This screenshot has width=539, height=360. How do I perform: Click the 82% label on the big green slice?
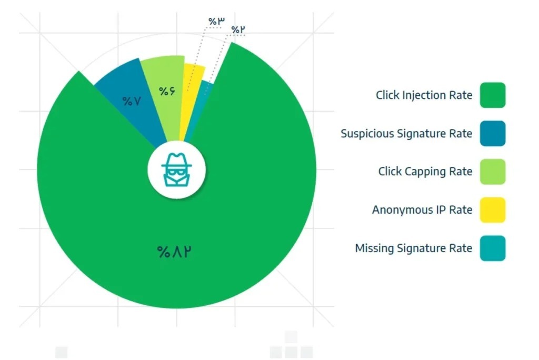(174, 252)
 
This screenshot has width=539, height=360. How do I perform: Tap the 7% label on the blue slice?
(132, 101)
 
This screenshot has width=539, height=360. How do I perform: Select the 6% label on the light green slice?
(167, 91)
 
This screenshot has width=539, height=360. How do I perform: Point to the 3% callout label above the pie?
(216, 22)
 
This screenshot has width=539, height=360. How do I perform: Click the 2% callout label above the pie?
(238, 30)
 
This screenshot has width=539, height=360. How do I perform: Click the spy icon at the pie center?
(177, 170)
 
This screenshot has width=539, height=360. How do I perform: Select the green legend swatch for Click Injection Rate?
(493, 95)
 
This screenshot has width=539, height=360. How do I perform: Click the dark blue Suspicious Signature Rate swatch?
(493, 133)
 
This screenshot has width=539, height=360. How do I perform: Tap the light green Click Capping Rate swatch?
(493, 172)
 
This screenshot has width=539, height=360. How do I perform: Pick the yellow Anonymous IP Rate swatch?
(493, 210)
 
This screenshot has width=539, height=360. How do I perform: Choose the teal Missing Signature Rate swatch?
(493, 248)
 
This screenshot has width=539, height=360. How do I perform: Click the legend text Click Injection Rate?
(424, 95)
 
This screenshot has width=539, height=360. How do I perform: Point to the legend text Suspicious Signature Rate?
(406, 134)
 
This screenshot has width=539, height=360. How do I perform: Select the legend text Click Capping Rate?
(425, 172)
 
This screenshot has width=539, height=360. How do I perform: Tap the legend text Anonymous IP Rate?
(422, 210)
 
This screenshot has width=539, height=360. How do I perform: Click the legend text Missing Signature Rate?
(414, 248)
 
